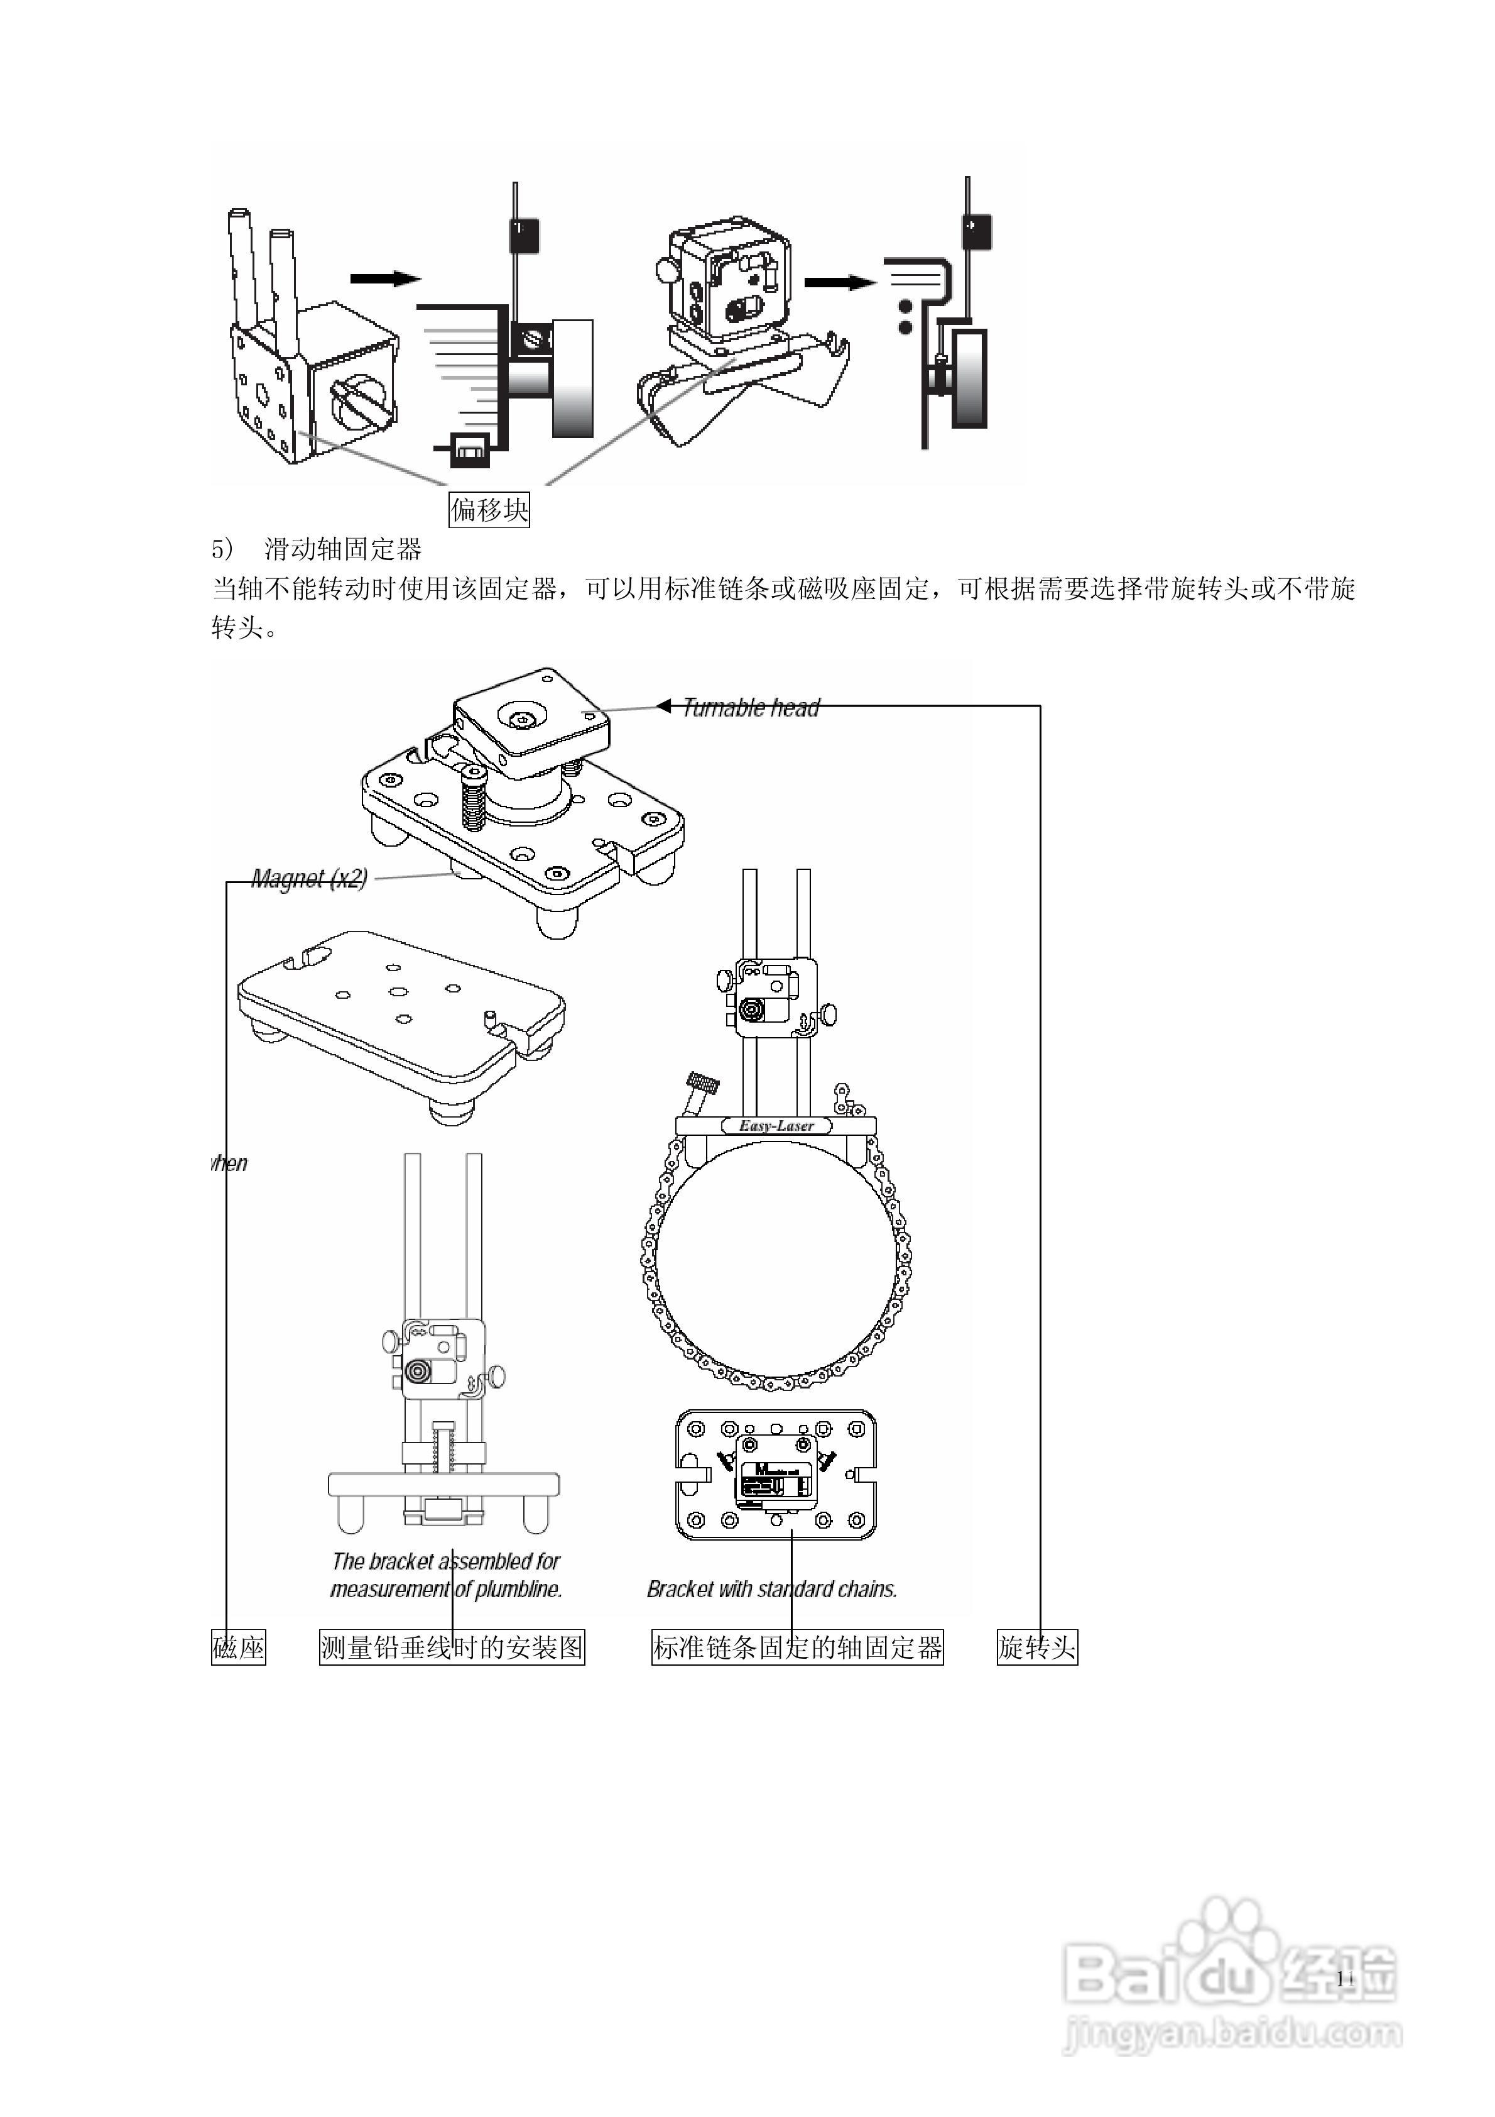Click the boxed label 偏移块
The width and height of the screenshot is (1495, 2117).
(x=489, y=509)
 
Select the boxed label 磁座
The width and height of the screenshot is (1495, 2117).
(x=239, y=1647)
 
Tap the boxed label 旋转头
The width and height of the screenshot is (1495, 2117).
(x=1037, y=1647)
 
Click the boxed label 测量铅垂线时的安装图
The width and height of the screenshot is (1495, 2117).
(x=452, y=1647)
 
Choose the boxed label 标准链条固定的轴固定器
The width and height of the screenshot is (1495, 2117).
(x=797, y=1647)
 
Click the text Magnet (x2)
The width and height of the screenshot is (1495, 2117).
(x=310, y=879)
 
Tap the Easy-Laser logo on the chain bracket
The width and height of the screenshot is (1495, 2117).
(x=776, y=1126)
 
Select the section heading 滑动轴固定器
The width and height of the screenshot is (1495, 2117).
(x=343, y=549)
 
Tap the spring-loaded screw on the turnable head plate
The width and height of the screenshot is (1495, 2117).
(x=473, y=798)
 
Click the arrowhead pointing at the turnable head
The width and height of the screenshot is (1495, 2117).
(x=663, y=707)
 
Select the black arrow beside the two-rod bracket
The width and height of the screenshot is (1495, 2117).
(x=385, y=278)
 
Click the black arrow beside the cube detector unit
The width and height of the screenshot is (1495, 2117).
(x=839, y=282)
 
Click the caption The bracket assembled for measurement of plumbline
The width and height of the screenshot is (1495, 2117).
(x=446, y=1575)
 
